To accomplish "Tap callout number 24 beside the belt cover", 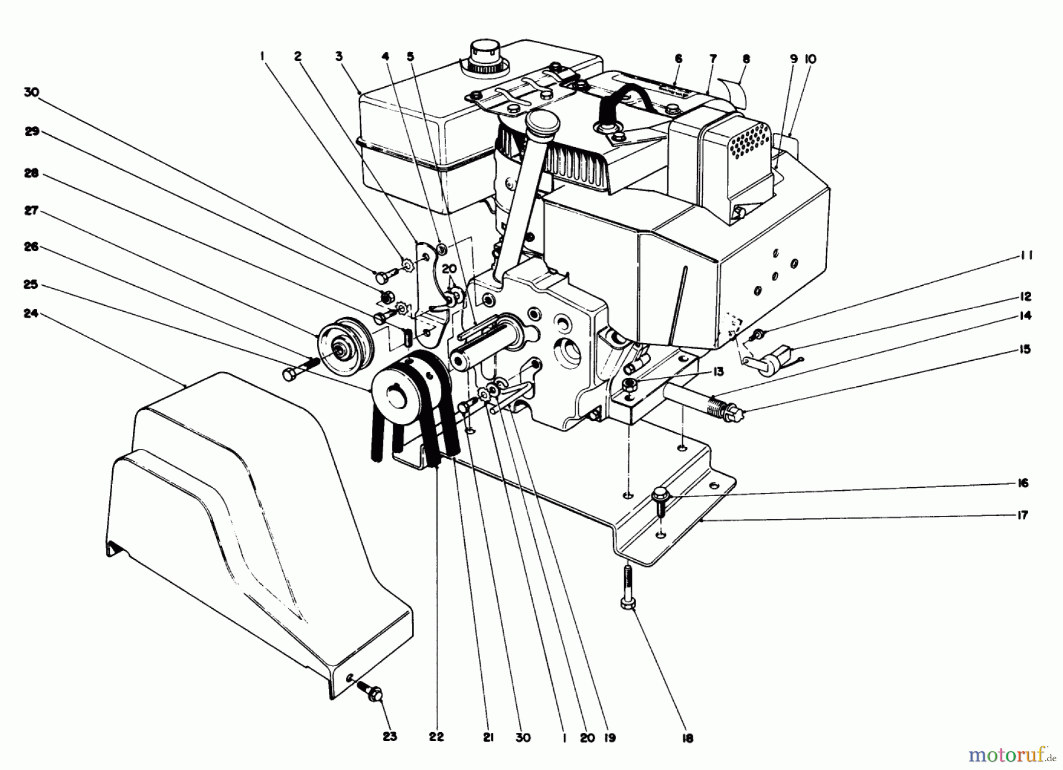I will click(31, 314).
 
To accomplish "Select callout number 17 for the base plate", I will click(1023, 515).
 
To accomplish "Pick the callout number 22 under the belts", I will click(437, 737).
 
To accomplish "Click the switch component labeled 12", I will click(770, 360).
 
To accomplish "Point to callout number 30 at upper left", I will click(31, 92).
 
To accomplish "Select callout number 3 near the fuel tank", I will click(339, 57).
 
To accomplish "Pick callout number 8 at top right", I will click(746, 59).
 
